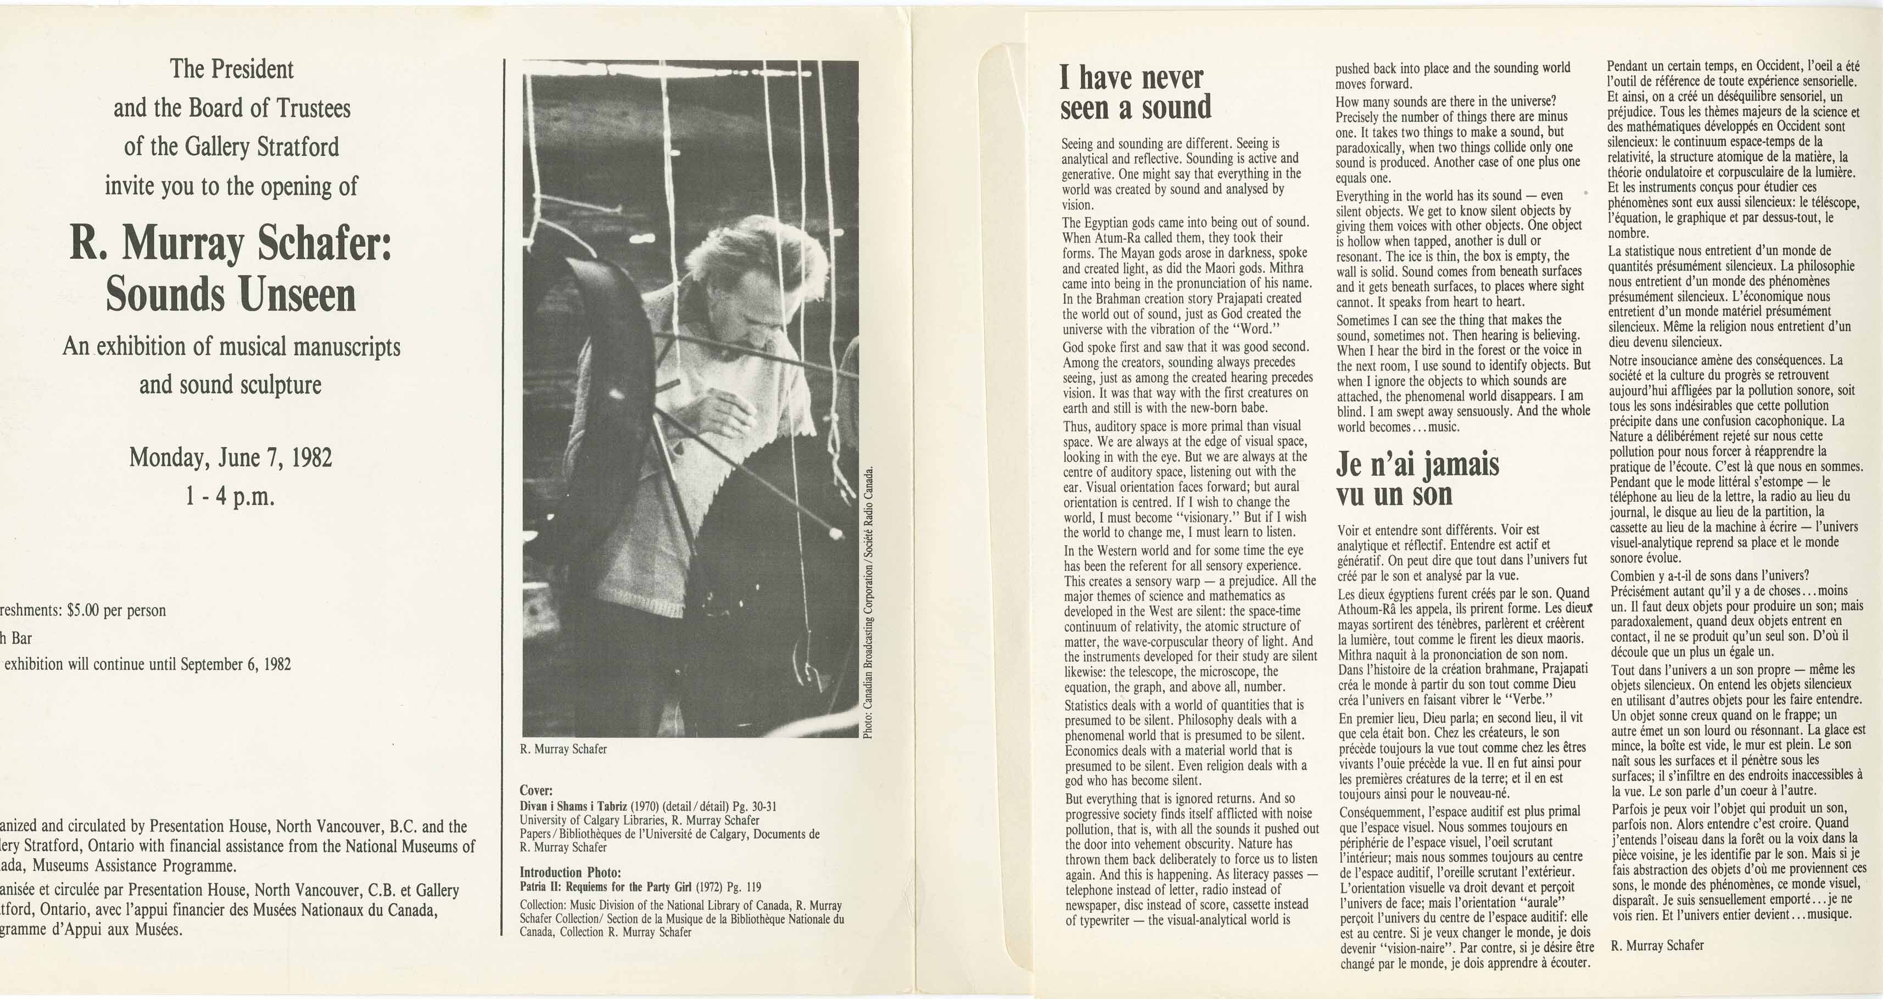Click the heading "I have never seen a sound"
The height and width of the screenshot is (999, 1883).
1135,93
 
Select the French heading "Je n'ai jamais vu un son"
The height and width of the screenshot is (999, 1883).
1417,479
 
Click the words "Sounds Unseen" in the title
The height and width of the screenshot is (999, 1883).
231,295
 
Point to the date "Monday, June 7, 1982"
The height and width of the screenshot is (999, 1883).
231,458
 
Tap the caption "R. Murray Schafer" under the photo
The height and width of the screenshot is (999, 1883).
563,749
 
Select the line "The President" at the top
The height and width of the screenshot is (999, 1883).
232,69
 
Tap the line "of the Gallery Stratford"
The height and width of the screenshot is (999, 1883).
232,147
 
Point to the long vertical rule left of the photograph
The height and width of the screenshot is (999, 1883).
504,497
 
